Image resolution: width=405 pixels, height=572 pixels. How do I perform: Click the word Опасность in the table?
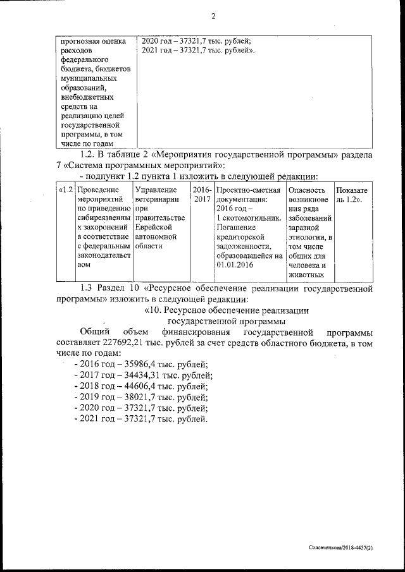tap(306, 190)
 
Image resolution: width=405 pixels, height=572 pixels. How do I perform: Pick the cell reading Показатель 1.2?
tap(353, 194)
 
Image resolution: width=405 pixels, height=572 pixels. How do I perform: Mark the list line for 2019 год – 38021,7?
tap(140, 398)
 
